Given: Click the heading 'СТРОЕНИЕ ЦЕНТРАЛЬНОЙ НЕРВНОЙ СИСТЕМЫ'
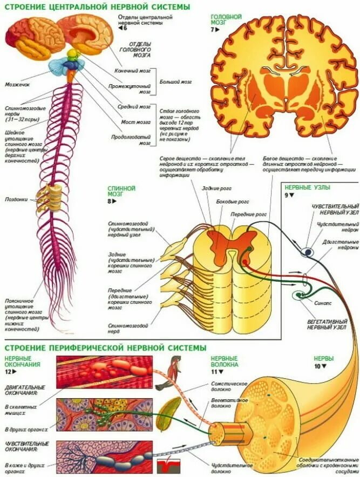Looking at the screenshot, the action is point(97,6).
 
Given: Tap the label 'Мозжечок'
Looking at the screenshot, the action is point(17,84).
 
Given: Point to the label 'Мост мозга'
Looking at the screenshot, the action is point(135,122).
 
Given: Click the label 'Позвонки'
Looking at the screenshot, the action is point(16,198).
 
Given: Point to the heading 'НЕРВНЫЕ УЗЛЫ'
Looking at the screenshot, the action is point(307,188).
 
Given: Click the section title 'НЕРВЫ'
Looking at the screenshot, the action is point(324,358).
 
